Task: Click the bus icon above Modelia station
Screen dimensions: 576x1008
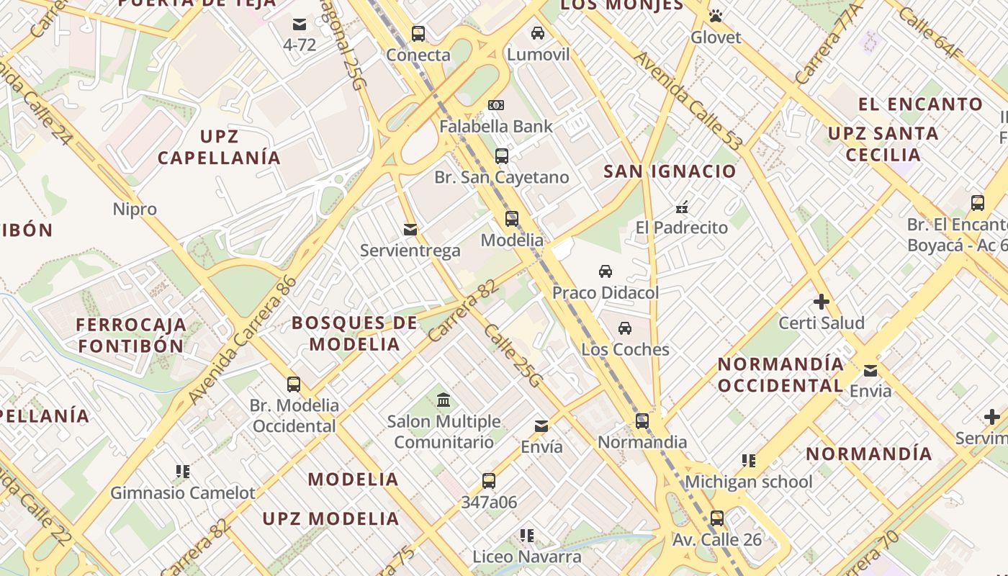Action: [512, 219]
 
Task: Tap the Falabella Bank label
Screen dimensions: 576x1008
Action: [497, 127]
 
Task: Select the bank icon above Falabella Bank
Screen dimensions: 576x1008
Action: [495, 105]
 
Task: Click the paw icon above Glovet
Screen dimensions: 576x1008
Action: [715, 16]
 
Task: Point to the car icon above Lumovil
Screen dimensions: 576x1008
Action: [538, 33]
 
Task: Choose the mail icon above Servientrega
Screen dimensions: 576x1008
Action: [410, 230]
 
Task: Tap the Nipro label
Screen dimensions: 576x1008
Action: [135, 210]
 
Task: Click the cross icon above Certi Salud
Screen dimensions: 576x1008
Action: [822, 302]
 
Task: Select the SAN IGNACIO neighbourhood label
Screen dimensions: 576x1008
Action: [670, 171]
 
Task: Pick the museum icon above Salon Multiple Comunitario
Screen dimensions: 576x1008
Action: [444, 400]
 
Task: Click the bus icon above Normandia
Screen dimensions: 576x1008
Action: [642, 421]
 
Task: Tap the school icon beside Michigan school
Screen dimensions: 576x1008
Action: [749, 461]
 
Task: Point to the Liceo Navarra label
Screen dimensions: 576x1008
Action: [527, 557]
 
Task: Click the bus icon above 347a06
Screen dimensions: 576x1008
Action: [489, 481]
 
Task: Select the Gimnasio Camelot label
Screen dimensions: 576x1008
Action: [183, 493]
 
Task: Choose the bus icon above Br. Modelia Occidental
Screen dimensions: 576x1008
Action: [294, 384]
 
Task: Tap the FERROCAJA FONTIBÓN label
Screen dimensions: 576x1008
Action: [131, 336]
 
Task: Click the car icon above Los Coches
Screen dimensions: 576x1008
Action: [625, 328]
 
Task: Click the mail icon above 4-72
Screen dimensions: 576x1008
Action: [300, 24]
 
